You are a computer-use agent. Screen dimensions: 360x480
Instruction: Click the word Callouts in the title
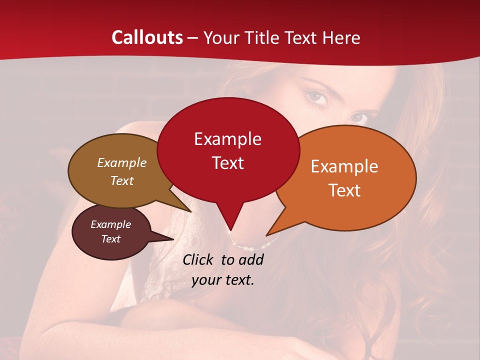pyautogui.click(x=147, y=37)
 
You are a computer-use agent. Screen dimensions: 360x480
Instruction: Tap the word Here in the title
pyautogui.click(x=341, y=37)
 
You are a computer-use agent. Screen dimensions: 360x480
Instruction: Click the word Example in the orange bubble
pyautogui.click(x=344, y=166)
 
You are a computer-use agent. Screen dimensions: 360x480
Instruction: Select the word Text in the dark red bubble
pyautogui.click(x=228, y=163)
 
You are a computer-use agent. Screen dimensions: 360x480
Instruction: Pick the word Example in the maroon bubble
pyautogui.click(x=110, y=224)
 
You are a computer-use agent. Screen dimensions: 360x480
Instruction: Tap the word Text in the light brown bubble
pyautogui.click(x=122, y=180)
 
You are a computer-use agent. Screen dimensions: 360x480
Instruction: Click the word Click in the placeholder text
pyautogui.click(x=199, y=259)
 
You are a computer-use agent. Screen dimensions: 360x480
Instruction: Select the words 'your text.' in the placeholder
pyautogui.click(x=223, y=280)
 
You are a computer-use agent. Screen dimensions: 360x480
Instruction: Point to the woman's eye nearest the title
pyautogui.click(x=318, y=96)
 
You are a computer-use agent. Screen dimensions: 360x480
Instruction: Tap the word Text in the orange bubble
pyautogui.click(x=344, y=190)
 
